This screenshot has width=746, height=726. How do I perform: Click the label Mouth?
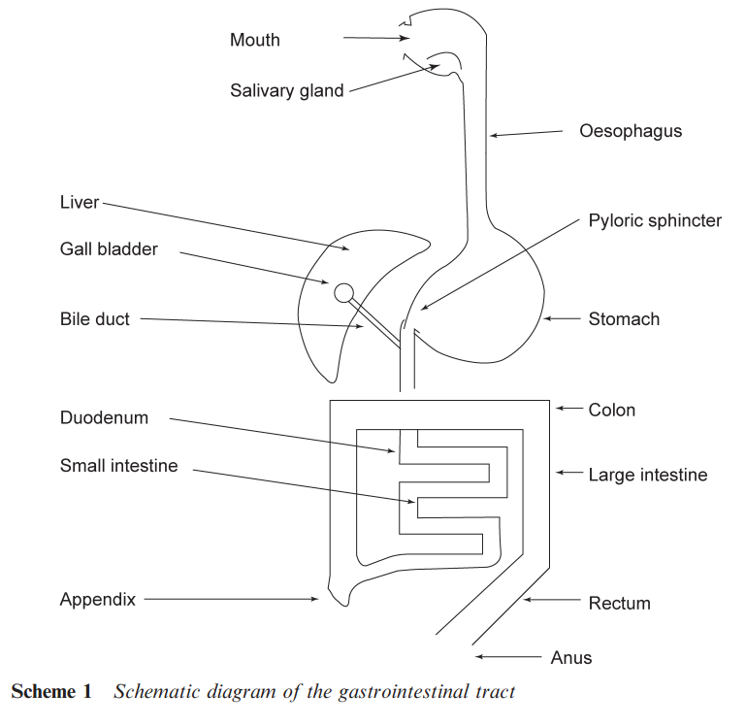point(254,40)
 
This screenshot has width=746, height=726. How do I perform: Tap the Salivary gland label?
point(286,90)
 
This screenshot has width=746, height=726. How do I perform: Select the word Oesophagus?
point(631,130)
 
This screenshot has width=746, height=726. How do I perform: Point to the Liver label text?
point(80,202)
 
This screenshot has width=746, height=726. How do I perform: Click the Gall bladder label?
point(109,249)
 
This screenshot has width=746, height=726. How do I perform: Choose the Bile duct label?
point(94,318)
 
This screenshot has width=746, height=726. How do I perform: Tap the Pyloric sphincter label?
point(655,220)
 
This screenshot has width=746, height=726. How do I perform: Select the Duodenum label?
point(104,418)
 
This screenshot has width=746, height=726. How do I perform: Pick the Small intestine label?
point(118,466)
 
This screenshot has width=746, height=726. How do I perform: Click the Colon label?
point(612,410)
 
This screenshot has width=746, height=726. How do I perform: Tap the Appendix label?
point(97,599)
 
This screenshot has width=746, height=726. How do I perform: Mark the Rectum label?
point(619,603)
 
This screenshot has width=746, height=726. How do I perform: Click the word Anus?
point(570,657)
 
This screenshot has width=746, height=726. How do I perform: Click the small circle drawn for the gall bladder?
point(343,292)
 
